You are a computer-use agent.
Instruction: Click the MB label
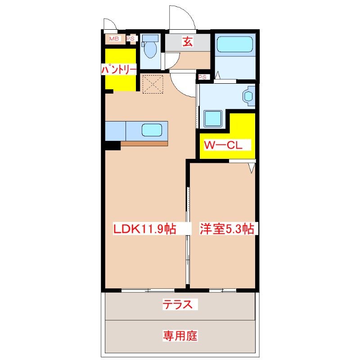tap(114, 39)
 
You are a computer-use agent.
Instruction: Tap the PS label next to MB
tap(130, 39)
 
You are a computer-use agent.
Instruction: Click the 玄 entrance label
tap(188, 41)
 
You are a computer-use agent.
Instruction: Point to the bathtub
tap(234, 44)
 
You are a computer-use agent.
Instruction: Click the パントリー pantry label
tap(119, 69)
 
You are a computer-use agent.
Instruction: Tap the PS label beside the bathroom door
tap(202, 77)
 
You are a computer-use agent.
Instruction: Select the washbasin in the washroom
tap(249, 96)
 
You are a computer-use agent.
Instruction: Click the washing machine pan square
tap(213, 118)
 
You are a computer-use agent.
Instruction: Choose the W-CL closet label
tap(223, 145)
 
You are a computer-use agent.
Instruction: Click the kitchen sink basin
tap(152, 130)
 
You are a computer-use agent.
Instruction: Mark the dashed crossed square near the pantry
tap(153, 84)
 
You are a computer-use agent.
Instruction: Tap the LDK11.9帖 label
tap(145, 229)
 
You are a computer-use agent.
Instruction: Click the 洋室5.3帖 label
tap(227, 229)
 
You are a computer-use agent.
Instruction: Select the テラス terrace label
tap(177, 305)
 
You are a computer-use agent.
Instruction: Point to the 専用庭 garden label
tap(180, 336)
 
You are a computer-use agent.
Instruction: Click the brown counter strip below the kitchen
tap(144, 144)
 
